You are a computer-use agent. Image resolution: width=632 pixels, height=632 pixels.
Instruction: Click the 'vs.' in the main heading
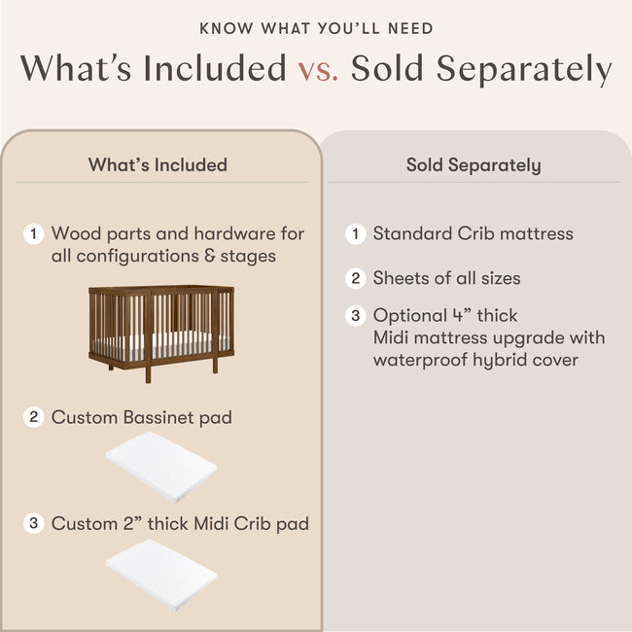[317, 70]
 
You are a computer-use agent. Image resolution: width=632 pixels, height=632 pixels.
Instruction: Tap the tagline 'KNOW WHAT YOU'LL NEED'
[316, 29]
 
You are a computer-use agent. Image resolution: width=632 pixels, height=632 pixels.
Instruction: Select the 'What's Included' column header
[158, 164]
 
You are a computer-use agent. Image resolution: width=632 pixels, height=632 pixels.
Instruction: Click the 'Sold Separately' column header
[474, 164]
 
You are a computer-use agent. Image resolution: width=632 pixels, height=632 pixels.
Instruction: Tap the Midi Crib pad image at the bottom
[159, 573]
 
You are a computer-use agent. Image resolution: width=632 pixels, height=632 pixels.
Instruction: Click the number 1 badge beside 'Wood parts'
[34, 233]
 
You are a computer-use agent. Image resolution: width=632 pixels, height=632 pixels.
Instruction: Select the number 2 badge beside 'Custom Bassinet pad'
[34, 417]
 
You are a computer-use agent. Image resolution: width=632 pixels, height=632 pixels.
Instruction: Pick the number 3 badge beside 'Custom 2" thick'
[34, 523]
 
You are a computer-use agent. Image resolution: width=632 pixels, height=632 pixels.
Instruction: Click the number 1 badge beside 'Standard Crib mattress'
[356, 233]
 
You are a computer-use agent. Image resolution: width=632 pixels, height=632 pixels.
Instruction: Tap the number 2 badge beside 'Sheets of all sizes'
[356, 278]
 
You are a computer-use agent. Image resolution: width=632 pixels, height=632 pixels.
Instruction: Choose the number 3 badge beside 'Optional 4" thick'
[356, 315]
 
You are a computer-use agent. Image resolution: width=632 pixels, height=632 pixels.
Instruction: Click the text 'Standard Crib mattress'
[474, 233]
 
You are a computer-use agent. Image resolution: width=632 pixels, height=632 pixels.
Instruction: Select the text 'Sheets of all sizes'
[446, 278]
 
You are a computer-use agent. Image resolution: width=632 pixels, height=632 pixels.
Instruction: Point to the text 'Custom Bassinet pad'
[142, 417]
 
